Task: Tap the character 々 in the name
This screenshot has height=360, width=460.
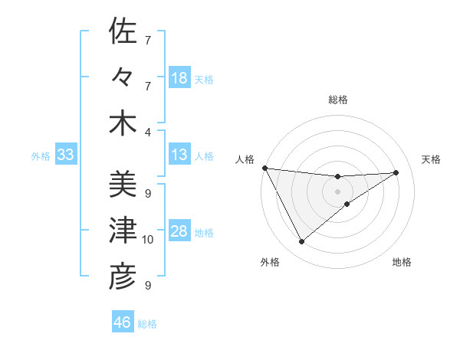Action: pyautogui.click(x=123, y=77)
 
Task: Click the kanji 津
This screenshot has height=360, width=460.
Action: pyautogui.click(x=123, y=231)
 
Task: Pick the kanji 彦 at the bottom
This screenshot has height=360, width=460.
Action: pyautogui.click(x=123, y=277)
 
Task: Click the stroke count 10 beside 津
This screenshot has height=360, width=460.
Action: pyautogui.click(x=148, y=240)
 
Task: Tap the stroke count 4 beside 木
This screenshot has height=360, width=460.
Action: pyautogui.click(x=148, y=132)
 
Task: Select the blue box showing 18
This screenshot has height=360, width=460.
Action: pyautogui.click(x=179, y=78)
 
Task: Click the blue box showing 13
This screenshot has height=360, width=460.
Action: pyautogui.click(x=179, y=155)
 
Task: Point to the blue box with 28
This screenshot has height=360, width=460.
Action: pyautogui.click(x=179, y=232)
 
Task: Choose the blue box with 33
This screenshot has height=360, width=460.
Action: pyautogui.click(x=66, y=155)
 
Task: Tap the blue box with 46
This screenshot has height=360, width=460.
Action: pyautogui.click(x=123, y=322)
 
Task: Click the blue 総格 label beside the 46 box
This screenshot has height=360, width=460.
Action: pyautogui.click(x=147, y=324)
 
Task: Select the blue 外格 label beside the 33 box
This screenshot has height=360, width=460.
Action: pyautogui.click(x=41, y=156)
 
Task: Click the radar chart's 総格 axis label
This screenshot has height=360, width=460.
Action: pyautogui.click(x=338, y=100)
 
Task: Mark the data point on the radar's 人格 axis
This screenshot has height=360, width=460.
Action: pyautogui.click(x=264, y=168)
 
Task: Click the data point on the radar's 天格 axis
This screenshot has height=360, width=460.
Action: pyautogui.click(x=396, y=172)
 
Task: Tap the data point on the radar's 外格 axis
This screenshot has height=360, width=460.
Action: pyautogui.click(x=301, y=242)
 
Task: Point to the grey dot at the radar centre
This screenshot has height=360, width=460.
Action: pyautogui.click(x=338, y=191)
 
